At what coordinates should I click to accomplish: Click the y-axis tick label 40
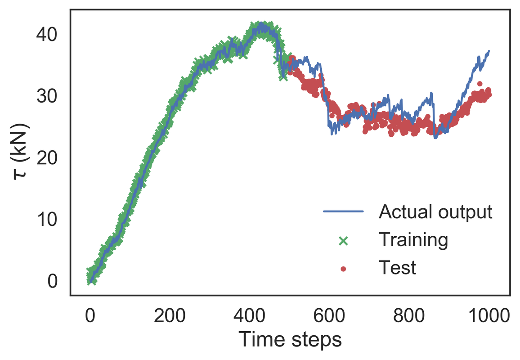46,34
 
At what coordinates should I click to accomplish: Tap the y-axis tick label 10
46,220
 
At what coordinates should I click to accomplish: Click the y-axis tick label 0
52,281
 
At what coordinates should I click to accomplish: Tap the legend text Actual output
435,211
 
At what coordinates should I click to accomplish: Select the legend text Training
413,240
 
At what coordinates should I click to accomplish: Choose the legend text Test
397,268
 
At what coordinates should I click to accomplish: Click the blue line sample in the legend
343,211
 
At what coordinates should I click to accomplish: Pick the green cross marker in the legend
343,241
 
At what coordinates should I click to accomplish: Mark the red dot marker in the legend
343,269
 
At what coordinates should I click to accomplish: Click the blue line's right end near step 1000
489,51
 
